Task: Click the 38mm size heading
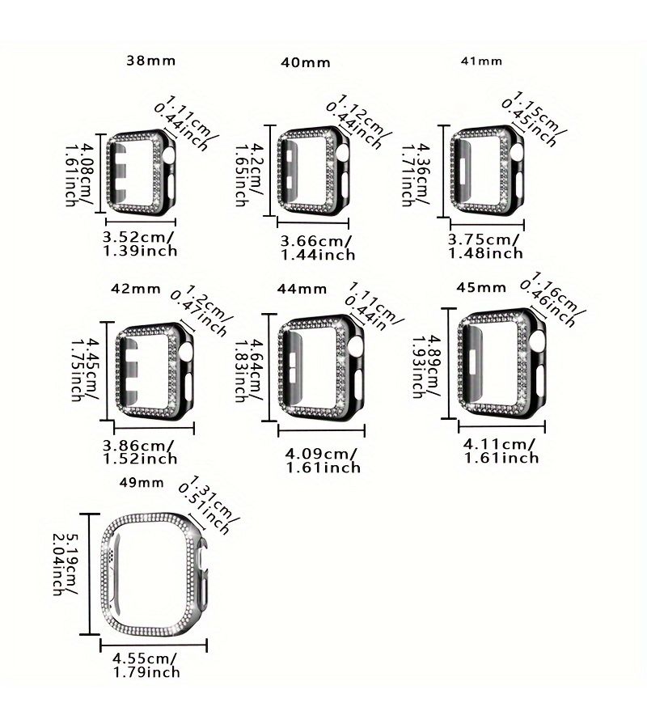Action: coord(151,61)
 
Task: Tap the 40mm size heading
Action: coord(306,62)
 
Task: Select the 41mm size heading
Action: coord(481,61)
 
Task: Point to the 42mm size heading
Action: coord(136,289)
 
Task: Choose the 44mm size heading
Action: coord(302,289)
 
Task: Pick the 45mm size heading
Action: coord(481,287)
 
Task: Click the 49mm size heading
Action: coord(142,482)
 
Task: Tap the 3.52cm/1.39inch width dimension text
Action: coord(140,243)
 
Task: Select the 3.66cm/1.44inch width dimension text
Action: coord(318,248)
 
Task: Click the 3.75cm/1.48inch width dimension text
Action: coord(485,246)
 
